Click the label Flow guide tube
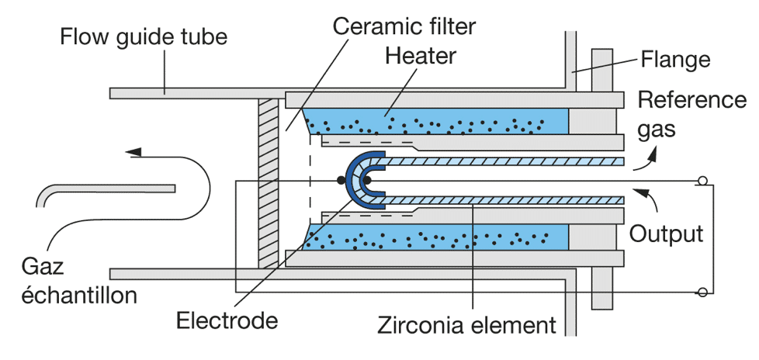point(144,36)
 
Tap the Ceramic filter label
point(404,26)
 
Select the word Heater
point(420,56)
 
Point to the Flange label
point(675,60)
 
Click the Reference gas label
point(692,114)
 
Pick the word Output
point(666,234)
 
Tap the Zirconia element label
point(466,325)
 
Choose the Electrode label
point(227,320)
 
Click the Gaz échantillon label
point(79,281)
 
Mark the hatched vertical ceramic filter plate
point(269,183)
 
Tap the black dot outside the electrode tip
point(341,181)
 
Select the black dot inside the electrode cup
point(366,181)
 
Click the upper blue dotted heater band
point(435,122)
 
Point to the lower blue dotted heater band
point(435,237)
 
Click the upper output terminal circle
point(702,181)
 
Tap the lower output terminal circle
point(702,292)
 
